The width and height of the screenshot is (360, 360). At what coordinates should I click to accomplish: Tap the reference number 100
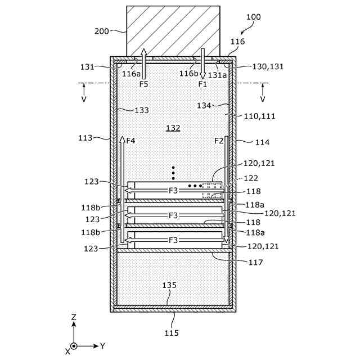coord(253,17)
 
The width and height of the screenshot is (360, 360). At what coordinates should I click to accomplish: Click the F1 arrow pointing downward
coord(202,63)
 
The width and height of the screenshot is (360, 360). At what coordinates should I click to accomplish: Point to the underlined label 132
coord(173,128)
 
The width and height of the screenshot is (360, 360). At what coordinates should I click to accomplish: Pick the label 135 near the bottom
coord(170,285)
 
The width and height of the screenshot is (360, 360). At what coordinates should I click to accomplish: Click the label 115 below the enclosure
coord(172,333)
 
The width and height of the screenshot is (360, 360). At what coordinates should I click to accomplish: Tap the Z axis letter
coord(74,318)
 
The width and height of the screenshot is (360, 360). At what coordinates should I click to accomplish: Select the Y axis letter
coord(103,345)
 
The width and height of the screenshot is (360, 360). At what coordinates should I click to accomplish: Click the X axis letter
coord(67,351)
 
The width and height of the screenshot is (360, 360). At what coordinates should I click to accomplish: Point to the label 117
coord(255,262)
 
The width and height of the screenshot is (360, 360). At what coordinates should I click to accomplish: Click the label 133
coord(142,110)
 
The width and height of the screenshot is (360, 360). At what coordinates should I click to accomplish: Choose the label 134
coord(204,106)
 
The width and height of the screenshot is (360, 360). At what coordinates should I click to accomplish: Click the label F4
coord(131,141)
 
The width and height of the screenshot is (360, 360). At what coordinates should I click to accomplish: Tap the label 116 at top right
coord(238,42)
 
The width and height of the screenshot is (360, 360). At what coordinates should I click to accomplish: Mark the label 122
coord(251,178)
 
